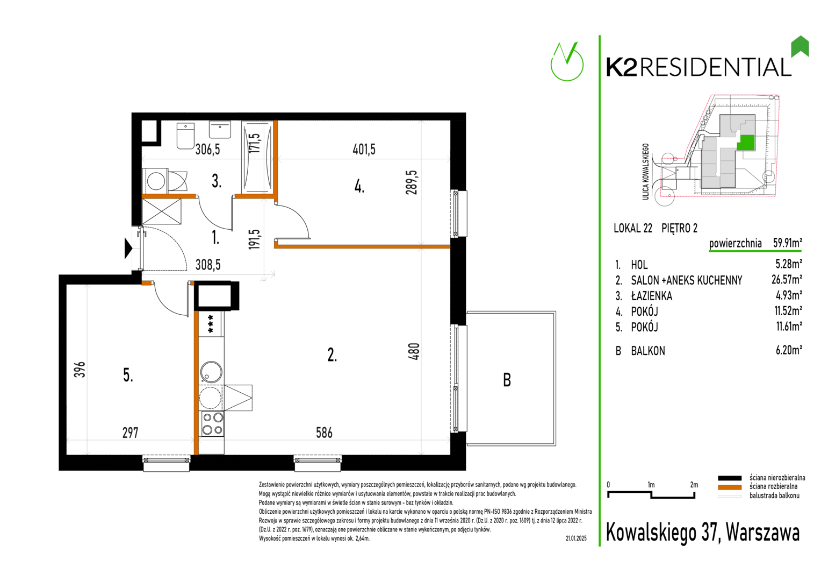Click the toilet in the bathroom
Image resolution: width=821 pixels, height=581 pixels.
point(185,136)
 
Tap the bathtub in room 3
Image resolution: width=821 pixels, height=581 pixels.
point(257,157)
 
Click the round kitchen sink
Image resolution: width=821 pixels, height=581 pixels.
point(211,372)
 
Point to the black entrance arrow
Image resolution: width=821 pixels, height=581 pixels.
point(128,249)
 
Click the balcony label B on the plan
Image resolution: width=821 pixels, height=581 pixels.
point(507,380)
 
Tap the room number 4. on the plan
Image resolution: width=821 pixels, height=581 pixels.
point(359,187)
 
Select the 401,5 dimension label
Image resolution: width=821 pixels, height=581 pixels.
point(364,149)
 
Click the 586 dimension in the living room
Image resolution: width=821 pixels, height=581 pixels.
point(324,433)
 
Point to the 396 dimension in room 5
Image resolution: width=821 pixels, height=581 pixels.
point(80,369)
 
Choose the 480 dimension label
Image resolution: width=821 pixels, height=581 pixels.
point(414,351)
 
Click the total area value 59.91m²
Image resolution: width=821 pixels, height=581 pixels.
point(787,243)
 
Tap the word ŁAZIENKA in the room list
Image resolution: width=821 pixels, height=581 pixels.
point(652,296)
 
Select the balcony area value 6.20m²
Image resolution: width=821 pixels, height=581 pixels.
point(789,350)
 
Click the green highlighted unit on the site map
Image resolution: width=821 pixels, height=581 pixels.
point(746,143)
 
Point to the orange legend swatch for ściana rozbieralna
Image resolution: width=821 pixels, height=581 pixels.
point(730,487)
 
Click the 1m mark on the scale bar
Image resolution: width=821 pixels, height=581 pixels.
point(651,485)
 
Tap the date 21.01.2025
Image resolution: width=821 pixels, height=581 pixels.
point(576,539)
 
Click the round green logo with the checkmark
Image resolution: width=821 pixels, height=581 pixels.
point(567,62)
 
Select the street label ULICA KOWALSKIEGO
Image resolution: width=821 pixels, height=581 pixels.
point(645,172)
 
